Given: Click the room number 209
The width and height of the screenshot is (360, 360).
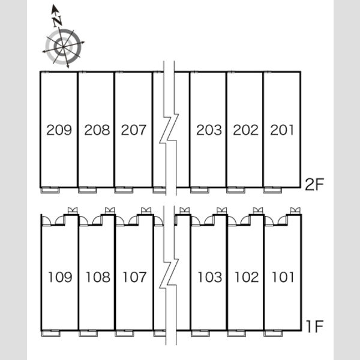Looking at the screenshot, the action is coord(59,130).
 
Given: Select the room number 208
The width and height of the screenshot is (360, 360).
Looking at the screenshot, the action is coord(97,130).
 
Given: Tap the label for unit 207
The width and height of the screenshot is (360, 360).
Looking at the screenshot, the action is coord(134,130).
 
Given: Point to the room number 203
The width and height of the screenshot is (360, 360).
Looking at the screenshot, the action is coord(209,130).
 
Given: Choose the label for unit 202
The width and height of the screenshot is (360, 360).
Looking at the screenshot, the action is coord(245,130).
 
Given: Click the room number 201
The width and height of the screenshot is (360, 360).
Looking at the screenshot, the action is coord(282,130).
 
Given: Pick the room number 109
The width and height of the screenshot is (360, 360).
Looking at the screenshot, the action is coord(60,277).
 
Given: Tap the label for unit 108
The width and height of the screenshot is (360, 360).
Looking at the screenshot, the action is coord(98,277).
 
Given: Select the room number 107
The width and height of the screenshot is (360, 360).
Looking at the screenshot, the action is coord(134,277).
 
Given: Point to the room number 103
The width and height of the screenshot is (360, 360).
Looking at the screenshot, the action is coord(210,277).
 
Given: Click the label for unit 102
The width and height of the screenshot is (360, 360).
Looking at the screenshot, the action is coord(247,277).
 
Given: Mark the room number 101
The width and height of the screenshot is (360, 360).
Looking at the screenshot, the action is coord(283,277).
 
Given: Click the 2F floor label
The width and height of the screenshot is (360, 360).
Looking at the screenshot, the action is coord(314,184).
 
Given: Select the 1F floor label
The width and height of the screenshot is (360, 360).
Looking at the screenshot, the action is coord(315,326).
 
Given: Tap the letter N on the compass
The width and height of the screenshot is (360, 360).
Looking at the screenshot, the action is coord(57,21).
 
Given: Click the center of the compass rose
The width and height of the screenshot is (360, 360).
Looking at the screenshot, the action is coord(63,47).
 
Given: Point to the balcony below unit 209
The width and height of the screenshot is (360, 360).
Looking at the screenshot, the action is coord(50,190).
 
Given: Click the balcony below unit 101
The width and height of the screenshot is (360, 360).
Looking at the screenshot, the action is coord(273,333).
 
